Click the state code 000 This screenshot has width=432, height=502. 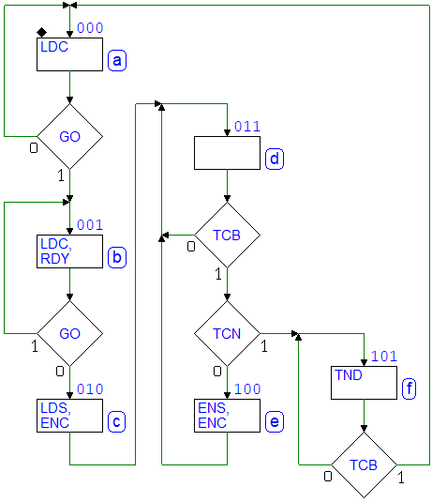coord(90,28)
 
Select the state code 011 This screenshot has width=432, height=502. coord(247,127)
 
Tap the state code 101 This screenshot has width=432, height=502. coord(384,357)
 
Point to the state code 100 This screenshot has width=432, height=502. coord(247,389)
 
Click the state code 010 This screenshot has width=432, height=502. coord(90,389)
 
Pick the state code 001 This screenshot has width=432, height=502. coord(90,225)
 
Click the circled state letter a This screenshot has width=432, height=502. coord(117,60)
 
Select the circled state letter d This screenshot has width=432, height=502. coord(275,159)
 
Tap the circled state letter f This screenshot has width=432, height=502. coord(409,388)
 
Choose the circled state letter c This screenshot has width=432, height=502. coord(117,421)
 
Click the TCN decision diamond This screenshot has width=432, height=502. coord(227,334)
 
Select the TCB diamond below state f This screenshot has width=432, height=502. coord(364,464)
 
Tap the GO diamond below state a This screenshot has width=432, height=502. coord(69,136)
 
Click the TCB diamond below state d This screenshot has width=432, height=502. coord(227,235)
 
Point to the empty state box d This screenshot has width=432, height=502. coord(227,153)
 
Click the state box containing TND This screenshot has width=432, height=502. coord(364,383)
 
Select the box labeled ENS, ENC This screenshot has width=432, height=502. coord(227,416)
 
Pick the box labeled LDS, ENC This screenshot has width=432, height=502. coord(69,416)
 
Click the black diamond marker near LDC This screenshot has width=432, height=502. coord(41,32)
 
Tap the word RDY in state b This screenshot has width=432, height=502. coord(54,259)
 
